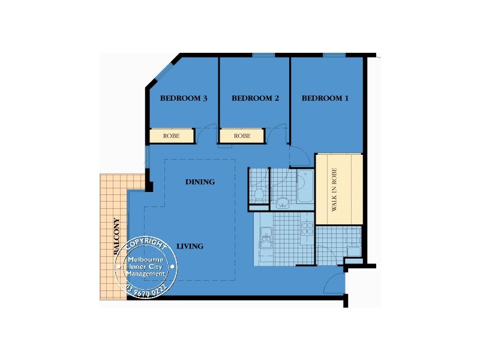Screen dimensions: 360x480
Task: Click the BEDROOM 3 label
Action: [184, 98]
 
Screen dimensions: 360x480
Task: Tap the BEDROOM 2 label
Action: [255, 98]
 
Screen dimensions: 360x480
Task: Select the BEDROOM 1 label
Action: [325, 98]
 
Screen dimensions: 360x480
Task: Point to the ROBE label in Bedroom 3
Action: [172, 136]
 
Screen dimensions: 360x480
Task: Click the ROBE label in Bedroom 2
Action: [242, 136]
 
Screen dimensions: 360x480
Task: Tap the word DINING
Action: [200, 182]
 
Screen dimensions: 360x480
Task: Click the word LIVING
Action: [190, 246]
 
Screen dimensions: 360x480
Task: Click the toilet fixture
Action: [259, 194]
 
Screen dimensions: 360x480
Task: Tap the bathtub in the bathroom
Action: [304, 187]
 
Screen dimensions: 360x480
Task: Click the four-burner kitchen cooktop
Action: [307, 228]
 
